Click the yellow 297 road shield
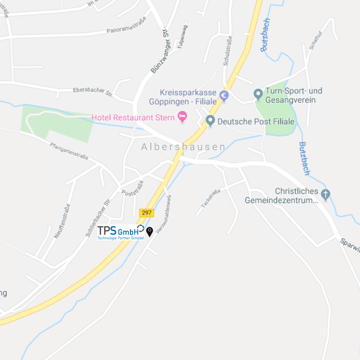pos(147,213)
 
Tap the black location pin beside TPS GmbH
pos(150,232)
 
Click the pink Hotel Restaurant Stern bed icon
pos(182,117)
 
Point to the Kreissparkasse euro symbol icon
pos(224,96)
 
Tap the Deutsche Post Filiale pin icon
pos(210,120)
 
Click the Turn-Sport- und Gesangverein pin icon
pos(258,95)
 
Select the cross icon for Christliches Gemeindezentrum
pos(326,195)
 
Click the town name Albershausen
pos(183,147)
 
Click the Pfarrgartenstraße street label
pos(69,151)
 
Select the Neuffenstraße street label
pos(62,221)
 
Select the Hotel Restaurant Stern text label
pos(133,118)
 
